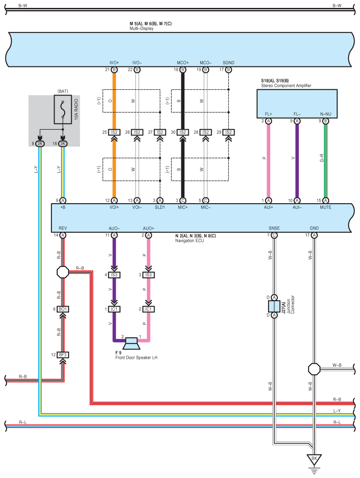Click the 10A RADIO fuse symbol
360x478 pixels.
coord(63,109)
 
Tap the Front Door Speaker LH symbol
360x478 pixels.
coord(132,343)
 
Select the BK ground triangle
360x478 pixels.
coord(314,459)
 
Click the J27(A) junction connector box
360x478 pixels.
coord(274,307)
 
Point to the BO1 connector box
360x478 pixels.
coord(62,309)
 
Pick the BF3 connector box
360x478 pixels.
coord(62,355)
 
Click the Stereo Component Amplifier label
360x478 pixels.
coord(286,86)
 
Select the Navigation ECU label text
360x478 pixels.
coord(189,241)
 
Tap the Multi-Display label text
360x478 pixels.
coord(142,28)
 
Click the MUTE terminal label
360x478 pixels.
coord(326,207)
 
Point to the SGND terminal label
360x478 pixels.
coord(228,63)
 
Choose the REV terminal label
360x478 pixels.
coord(62,228)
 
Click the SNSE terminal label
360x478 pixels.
coord(274,228)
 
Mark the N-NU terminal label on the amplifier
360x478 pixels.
coord(326,114)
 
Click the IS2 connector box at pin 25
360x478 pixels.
coord(114,132)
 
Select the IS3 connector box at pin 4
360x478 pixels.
coord(114,275)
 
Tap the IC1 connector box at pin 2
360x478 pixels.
coord(148,309)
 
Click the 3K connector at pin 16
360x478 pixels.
coord(62,144)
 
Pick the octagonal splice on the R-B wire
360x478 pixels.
coord(63,272)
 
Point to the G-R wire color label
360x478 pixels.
coord(322,158)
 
